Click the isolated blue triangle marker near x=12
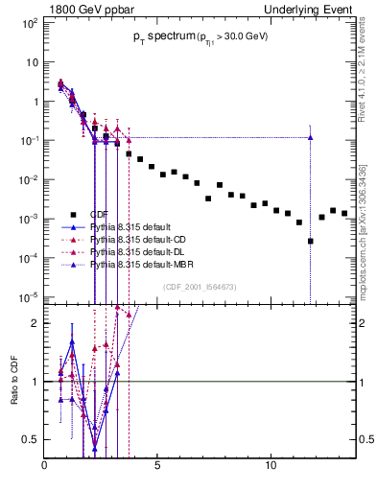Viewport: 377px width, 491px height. pyautogui.click(x=310, y=137)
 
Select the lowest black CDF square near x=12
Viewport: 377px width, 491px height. pyautogui.click(x=310, y=241)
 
